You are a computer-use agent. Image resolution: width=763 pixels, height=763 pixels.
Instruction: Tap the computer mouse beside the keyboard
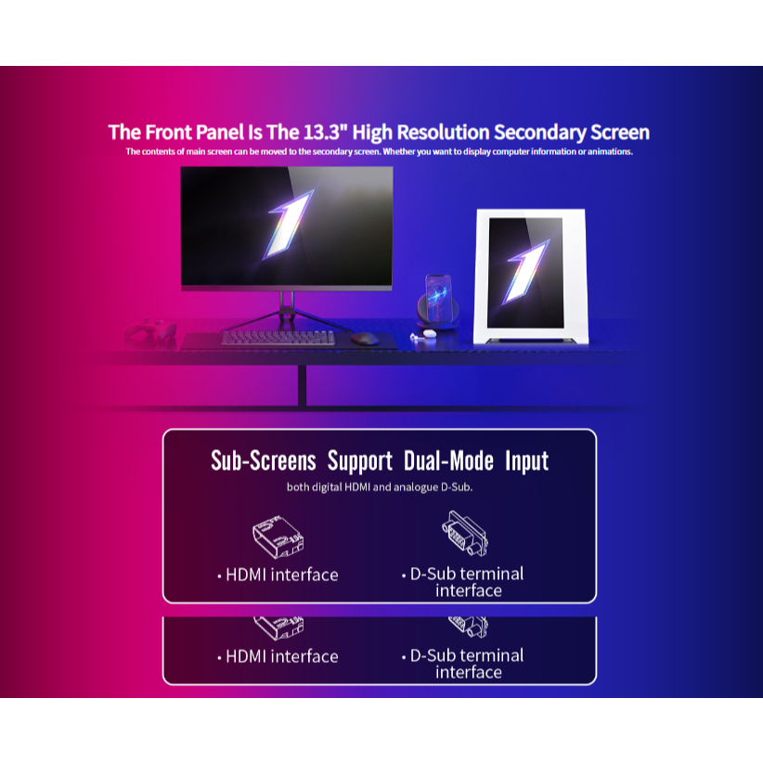365,338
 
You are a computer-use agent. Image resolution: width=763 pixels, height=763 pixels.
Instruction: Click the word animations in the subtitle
607,151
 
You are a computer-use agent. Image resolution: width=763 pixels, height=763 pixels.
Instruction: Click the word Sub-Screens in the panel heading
264,460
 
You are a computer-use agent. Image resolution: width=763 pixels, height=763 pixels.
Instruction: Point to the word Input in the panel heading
526,460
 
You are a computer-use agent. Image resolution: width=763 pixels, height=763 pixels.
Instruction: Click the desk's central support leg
303,384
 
